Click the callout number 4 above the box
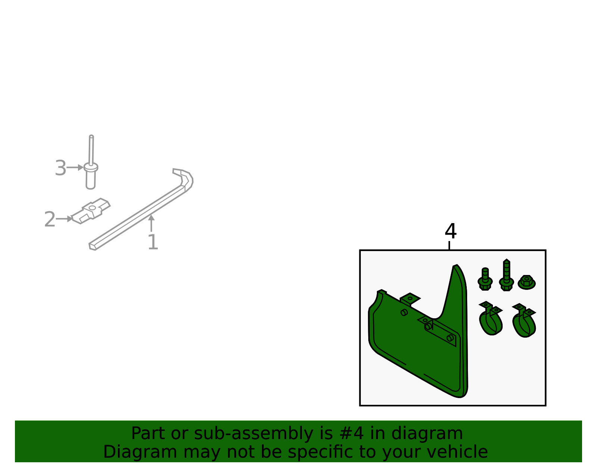(x=451, y=231)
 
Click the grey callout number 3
(x=61, y=168)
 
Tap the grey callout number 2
(x=50, y=219)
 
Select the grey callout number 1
(x=153, y=242)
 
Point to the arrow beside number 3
(x=75, y=168)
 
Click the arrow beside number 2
(x=64, y=219)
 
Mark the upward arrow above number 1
(x=151, y=223)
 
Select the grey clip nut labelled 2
(x=91, y=211)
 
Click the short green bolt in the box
(x=485, y=279)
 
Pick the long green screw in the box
(x=507, y=275)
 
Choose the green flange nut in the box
(x=527, y=282)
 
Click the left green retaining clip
(x=490, y=319)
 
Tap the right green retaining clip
(x=524, y=321)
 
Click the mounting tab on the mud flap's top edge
(x=410, y=299)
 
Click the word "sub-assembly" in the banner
(x=254, y=434)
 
